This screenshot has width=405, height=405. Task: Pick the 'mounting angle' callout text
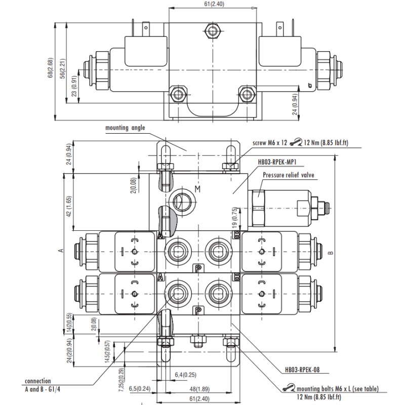pyautogui.click(x=125, y=128)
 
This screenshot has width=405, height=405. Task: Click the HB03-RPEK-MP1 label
pyautogui.click(x=277, y=163)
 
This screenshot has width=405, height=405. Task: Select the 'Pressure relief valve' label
pyautogui.click(x=289, y=175)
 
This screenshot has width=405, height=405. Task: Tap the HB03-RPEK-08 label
pyautogui.click(x=302, y=370)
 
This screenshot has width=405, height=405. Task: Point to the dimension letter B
pyautogui.click(x=331, y=253)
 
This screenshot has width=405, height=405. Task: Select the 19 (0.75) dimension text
pyautogui.click(x=234, y=217)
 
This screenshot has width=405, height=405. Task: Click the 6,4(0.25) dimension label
pyautogui.click(x=185, y=374)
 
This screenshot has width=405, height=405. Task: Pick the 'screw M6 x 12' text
pyautogui.click(x=270, y=143)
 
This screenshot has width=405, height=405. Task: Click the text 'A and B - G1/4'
pyautogui.click(x=46, y=389)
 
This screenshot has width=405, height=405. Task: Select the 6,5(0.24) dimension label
pyautogui.click(x=140, y=388)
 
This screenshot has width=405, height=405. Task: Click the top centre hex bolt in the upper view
pyautogui.click(x=211, y=32)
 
